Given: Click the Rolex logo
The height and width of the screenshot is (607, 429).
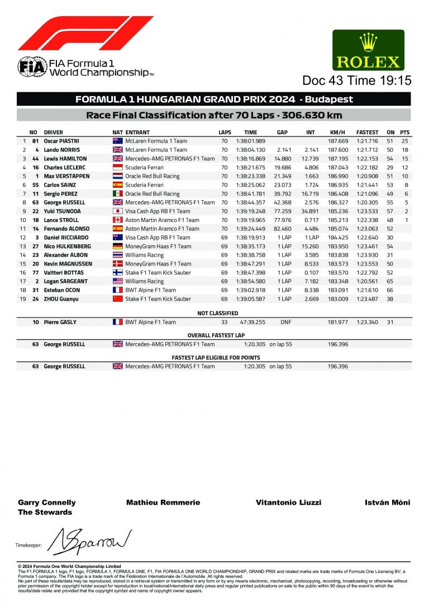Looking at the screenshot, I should pyautogui.click(x=368, y=49).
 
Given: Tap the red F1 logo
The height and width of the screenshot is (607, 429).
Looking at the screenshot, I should pyautogui.click(x=85, y=33).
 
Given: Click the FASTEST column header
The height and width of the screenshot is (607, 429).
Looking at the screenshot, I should pyautogui.click(x=367, y=132).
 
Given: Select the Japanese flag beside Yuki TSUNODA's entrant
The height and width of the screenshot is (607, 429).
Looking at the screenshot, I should pyautogui.click(x=117, y=211).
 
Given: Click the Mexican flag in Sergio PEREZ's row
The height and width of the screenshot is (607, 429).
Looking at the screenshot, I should pyautogui.click(x=117, y=193).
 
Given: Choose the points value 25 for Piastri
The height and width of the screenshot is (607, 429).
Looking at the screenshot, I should pyautogui.click(x=405, y=141).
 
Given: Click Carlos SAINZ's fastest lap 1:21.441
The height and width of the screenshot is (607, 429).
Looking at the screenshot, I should pyautogui.click(x=367, y=185).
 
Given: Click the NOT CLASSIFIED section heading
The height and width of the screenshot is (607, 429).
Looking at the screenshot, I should pyautogui.click(x=214, y=314).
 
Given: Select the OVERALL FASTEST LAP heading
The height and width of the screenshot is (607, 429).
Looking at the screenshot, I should pyautogui.click(x=214, y=334).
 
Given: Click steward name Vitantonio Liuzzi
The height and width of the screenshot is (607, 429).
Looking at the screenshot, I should pyautogui.click(x=288, y=502).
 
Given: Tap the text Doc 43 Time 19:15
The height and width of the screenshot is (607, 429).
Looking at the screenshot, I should pyautogui.click(x=356, y=80).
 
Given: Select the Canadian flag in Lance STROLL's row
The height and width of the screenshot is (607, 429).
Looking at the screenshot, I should pyautogui.click(x=117, y=220).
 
